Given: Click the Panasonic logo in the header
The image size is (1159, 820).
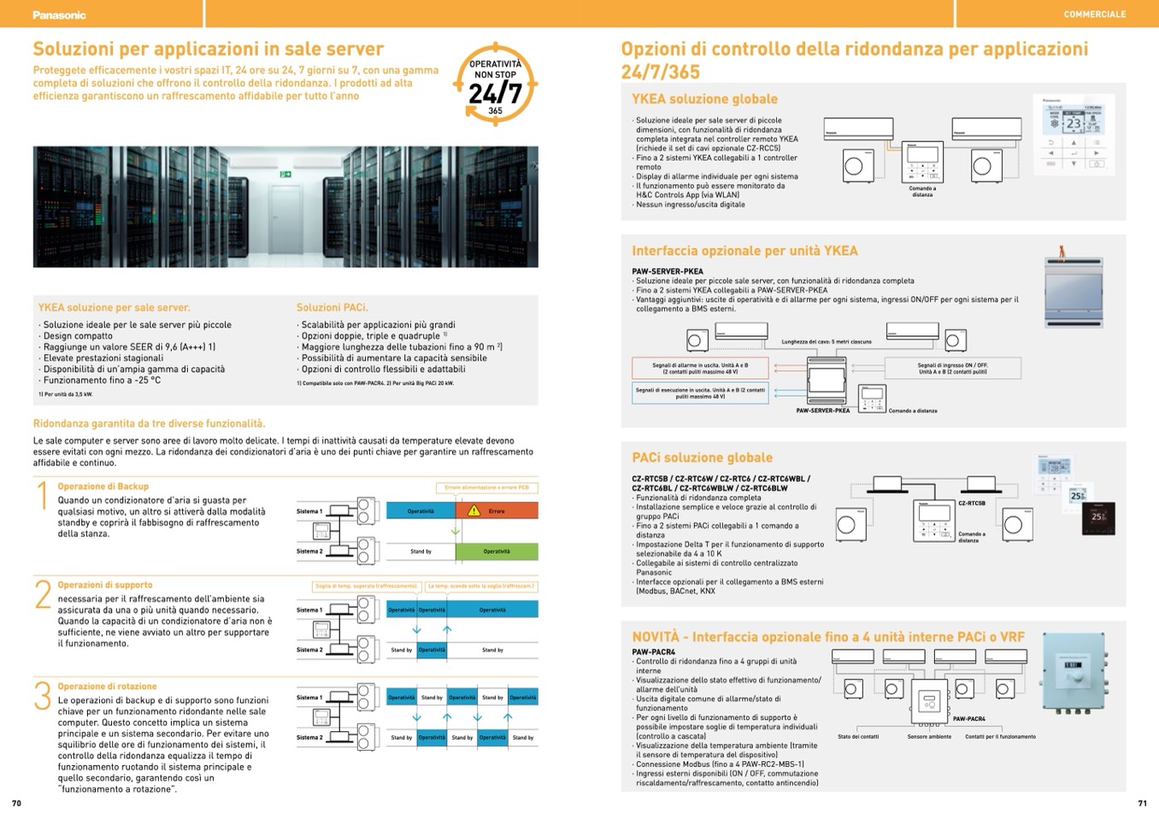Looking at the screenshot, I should point(59,15).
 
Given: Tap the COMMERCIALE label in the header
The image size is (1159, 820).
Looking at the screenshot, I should point(1094,15).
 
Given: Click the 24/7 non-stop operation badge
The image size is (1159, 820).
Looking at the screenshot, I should point(495,86).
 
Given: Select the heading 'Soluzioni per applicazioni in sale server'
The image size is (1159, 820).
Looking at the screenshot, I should point(208,49).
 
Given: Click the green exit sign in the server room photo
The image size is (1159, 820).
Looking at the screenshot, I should point(285,174).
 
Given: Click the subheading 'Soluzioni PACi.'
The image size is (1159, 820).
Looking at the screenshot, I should point(332,307).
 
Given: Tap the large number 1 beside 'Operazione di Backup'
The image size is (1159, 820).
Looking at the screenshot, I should point(43,496).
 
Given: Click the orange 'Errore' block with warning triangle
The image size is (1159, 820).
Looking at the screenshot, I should point(496,511).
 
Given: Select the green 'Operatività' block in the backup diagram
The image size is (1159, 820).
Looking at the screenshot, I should point(496,552).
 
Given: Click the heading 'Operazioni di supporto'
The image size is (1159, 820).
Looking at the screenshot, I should point(105,585).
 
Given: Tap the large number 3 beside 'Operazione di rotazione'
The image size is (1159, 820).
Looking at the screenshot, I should point(43,696).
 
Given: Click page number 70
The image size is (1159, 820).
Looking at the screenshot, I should point(16,803).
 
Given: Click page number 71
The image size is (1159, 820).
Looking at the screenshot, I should point(1142,803).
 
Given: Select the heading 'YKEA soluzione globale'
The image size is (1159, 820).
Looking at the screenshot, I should point(704,99).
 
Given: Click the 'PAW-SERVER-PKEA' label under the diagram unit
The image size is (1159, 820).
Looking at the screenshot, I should point(822,410).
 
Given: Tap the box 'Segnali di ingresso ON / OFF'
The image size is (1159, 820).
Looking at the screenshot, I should point(952,369).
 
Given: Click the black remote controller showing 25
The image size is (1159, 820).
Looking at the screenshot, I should point(1097,516).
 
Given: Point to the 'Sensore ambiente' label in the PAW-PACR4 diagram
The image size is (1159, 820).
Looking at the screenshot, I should point(929,736).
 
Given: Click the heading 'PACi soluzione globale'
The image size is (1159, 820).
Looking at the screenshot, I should point(702,457).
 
